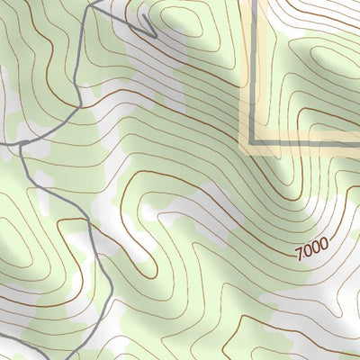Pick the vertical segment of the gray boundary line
[x=255, y=72]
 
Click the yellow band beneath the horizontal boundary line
[x=306, y=149]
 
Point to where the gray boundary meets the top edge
[x=255, y=1]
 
